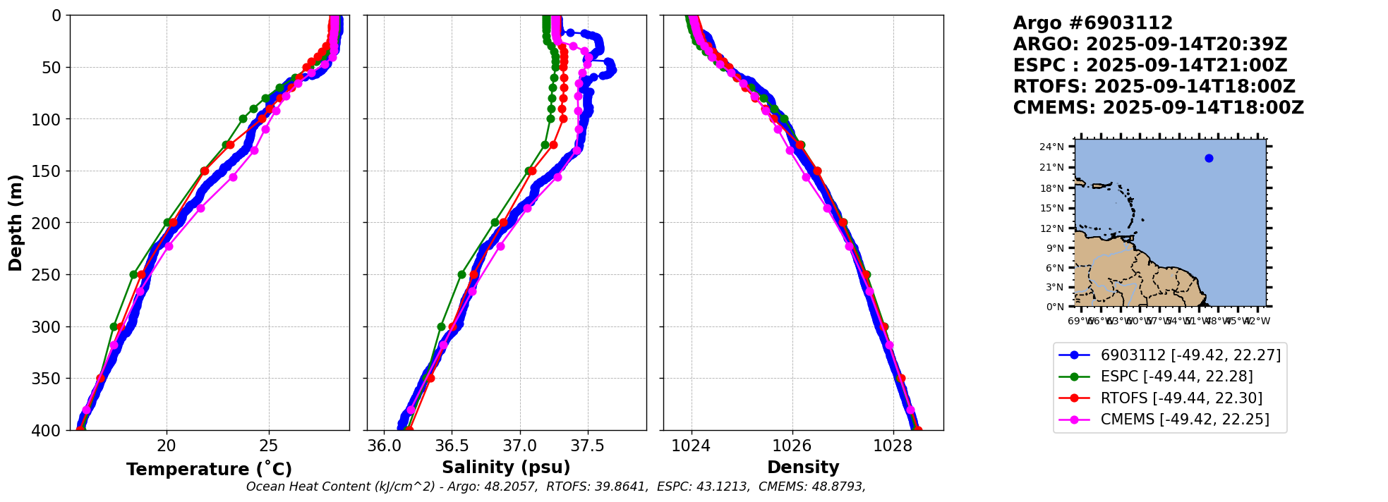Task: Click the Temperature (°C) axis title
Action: point(209,470)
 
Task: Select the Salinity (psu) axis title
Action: point(506,467)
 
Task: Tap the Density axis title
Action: point(803,467)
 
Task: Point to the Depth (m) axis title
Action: point(16,222)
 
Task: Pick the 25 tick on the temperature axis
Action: point(269,446)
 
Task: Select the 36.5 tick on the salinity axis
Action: point(452,446)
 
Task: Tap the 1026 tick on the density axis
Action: point(792,446)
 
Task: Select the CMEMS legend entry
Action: point(1185,420)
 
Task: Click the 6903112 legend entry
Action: point(1190,355)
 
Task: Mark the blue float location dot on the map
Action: point(1209,158)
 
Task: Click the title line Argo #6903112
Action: point(1092,23)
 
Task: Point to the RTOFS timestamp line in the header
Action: point(1154,87)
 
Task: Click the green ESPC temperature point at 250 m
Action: point(133,274)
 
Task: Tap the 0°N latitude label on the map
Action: point(1055,307)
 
